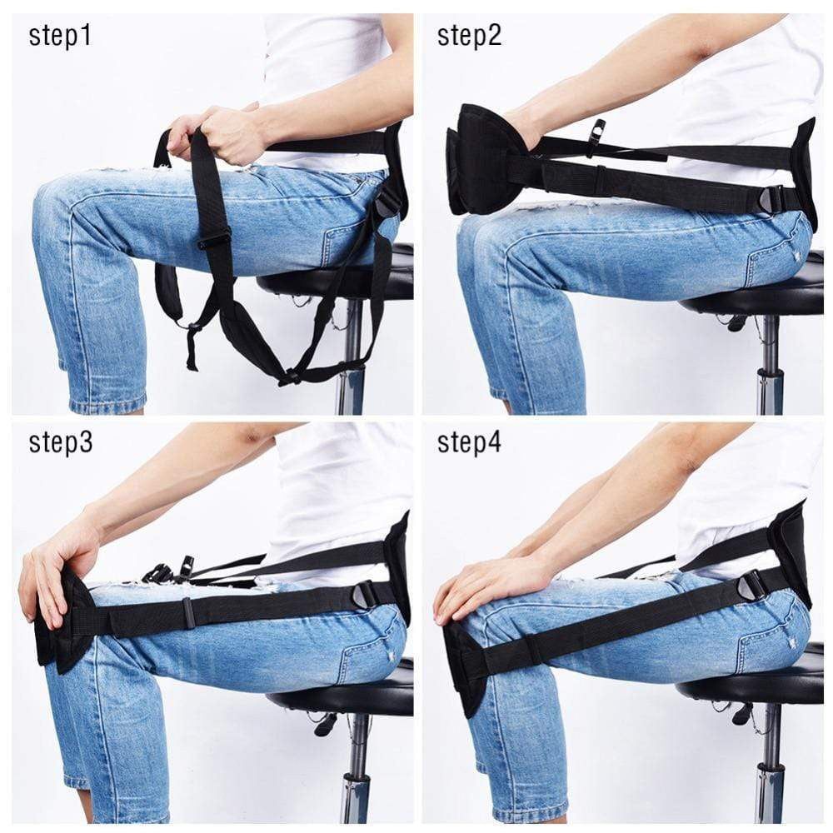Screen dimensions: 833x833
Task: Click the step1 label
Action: tap(60, 36)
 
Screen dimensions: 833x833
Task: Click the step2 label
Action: tap(469, 36)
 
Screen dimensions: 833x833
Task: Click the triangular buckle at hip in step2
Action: tap(771, 198)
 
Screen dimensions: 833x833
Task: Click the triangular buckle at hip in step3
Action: tap(365, 594)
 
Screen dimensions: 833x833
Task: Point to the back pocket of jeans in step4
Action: tap(766, 646)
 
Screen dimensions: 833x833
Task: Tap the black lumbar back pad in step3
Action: tap(400, 566)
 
